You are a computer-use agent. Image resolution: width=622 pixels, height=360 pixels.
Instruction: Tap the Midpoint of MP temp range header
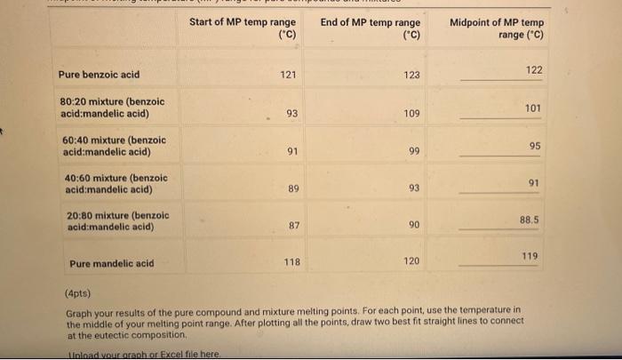[497, 28]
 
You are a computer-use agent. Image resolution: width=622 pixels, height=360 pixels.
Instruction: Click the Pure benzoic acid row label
[99, 75]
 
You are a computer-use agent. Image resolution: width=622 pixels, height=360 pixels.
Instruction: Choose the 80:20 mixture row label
[111, 108]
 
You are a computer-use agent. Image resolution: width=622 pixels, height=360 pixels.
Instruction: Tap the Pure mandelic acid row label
[111, 263]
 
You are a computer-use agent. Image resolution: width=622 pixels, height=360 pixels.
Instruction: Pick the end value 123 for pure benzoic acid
[411, 76]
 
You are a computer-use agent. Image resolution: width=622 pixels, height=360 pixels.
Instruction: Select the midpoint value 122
[533, 70]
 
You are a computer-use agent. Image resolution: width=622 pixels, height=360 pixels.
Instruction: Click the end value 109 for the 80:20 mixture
[411, 114]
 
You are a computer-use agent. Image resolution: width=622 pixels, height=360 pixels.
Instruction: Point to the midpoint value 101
[532, 108]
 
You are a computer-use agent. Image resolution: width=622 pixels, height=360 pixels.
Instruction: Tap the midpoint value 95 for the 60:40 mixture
[535, 146]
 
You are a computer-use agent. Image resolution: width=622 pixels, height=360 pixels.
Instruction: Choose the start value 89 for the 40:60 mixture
[293, 188]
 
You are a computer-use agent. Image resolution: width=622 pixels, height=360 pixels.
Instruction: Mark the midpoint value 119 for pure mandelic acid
[530, 256]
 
